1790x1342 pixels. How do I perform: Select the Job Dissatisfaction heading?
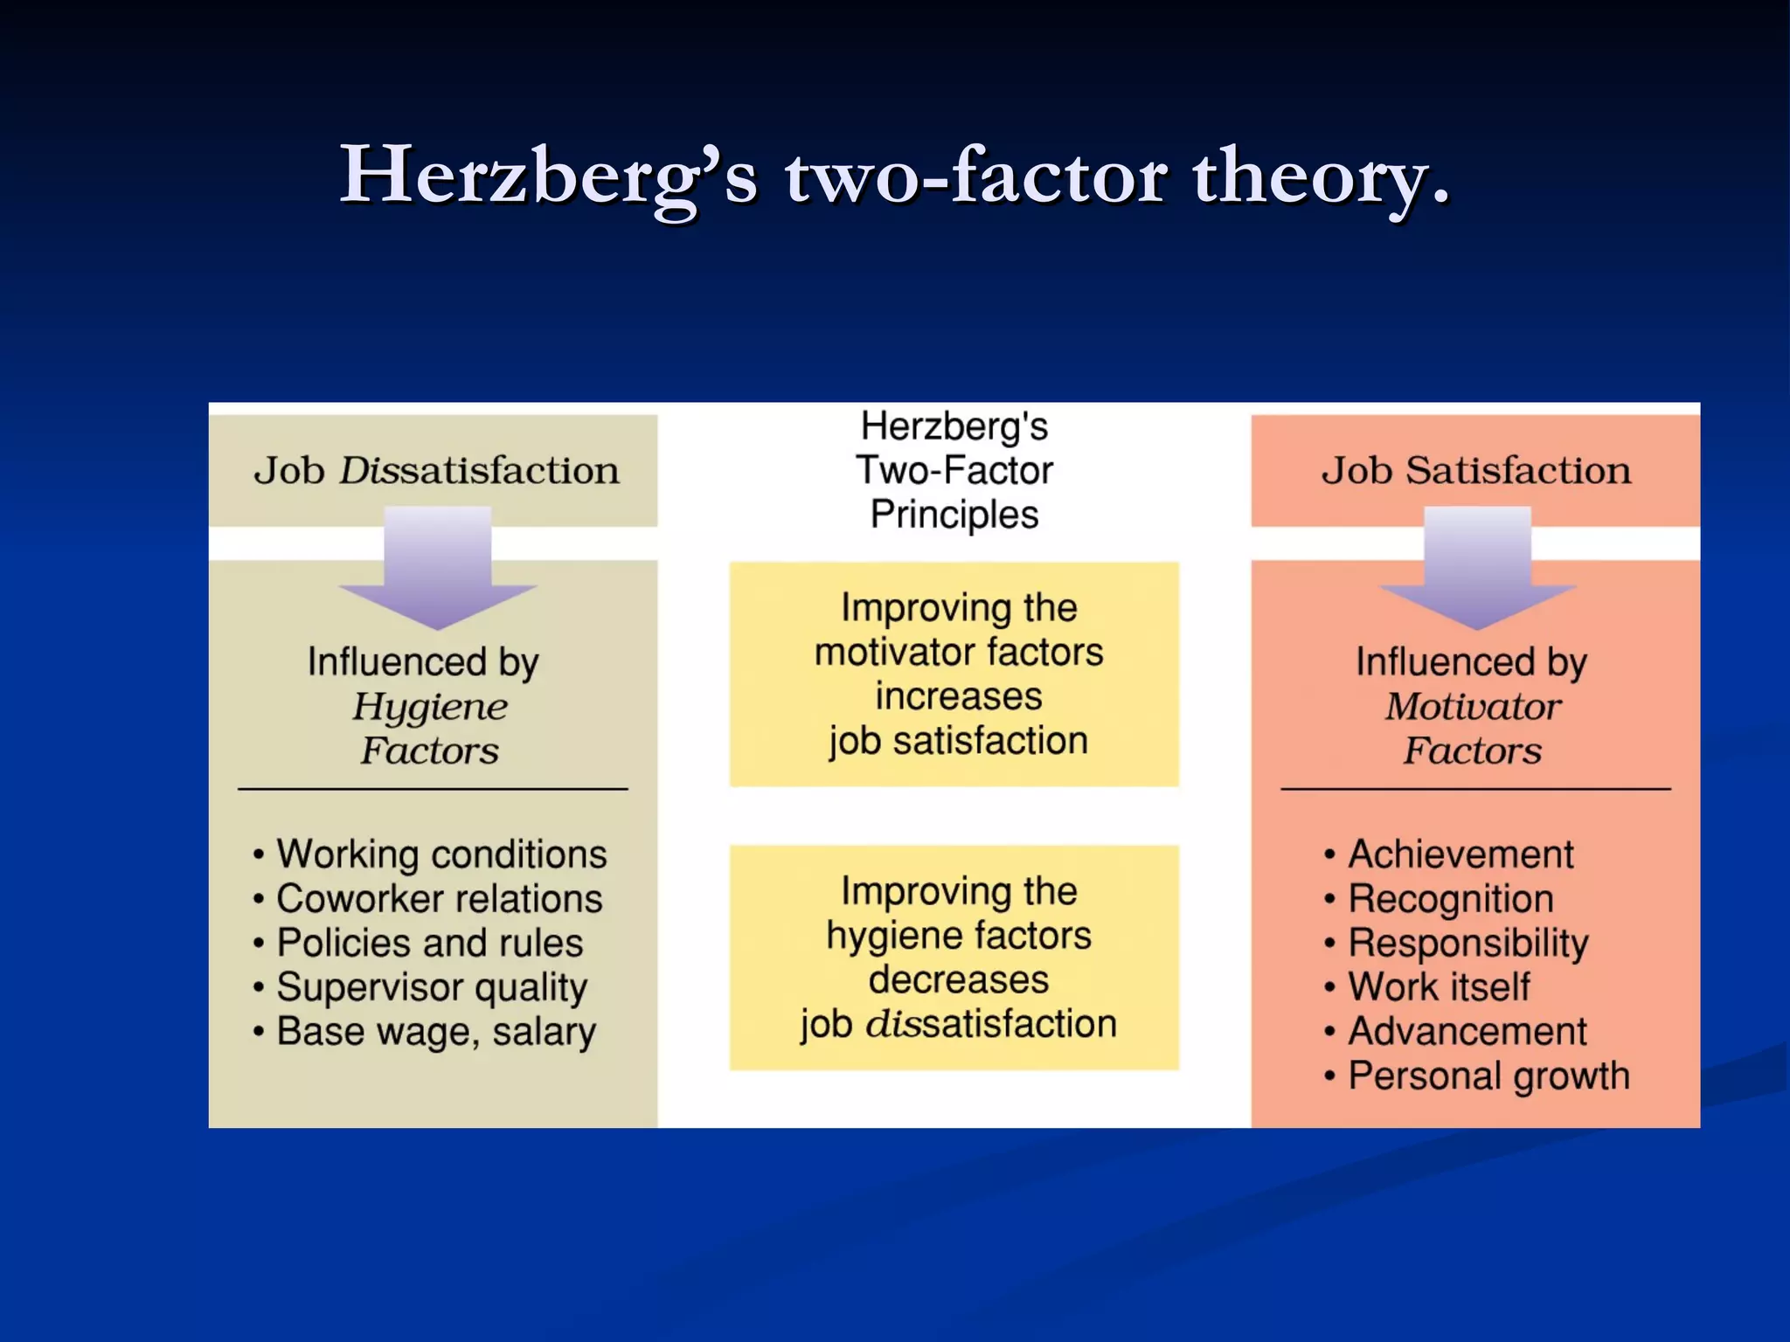tap(436, 471)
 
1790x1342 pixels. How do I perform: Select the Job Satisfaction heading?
tap(1475, 471)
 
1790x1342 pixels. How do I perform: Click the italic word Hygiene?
tap(430, 707)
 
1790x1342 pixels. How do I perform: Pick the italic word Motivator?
tap(1473, 707)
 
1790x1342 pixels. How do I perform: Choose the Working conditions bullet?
tap(441, 854)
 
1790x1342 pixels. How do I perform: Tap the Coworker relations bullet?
tap(439, 899)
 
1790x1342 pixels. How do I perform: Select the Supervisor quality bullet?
tap(432, 987)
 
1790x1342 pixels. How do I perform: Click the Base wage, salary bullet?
tap(436, 1032)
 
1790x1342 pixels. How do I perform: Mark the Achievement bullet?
tap(1460, 854)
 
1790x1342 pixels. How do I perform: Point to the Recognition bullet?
tap(1451, 899)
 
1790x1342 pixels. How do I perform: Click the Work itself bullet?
tap(1439, 987)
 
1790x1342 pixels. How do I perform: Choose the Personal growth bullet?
tap(1488, 1076)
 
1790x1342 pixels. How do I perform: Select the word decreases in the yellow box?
tap(959, 980)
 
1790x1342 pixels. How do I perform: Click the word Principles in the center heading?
tap(954, 515)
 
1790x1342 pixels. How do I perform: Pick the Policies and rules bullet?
tap(429, 944)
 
